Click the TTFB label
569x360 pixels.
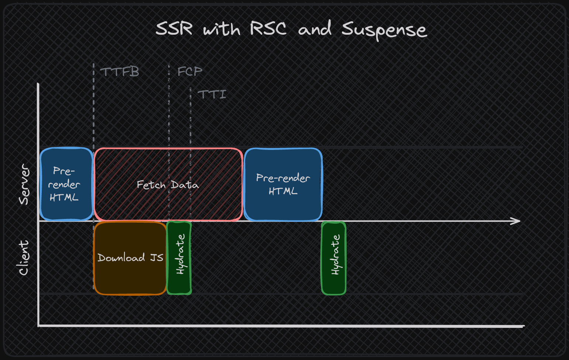point(120,72)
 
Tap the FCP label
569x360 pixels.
point(190,71)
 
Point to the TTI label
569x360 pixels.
point(212,95)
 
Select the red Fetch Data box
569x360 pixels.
point(168,185)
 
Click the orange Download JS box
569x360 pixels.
point(130,258)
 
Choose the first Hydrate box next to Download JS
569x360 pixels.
point(179,258)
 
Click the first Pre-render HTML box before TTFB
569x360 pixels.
point(66,184)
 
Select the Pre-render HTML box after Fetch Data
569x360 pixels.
point(283,184)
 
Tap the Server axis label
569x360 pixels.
point(24,184)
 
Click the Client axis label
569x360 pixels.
point(24,258)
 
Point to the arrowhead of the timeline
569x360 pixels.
point(520,221)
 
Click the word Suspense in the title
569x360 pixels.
point(384,30)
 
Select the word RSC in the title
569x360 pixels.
point(268,28)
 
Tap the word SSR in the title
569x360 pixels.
point(174,28)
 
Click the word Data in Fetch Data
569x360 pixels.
point(185,185)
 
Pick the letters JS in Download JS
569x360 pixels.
point(157,258)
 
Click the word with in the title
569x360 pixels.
point(222,29)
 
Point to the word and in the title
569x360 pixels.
point(315,28)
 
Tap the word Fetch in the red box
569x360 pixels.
point(151,185)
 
